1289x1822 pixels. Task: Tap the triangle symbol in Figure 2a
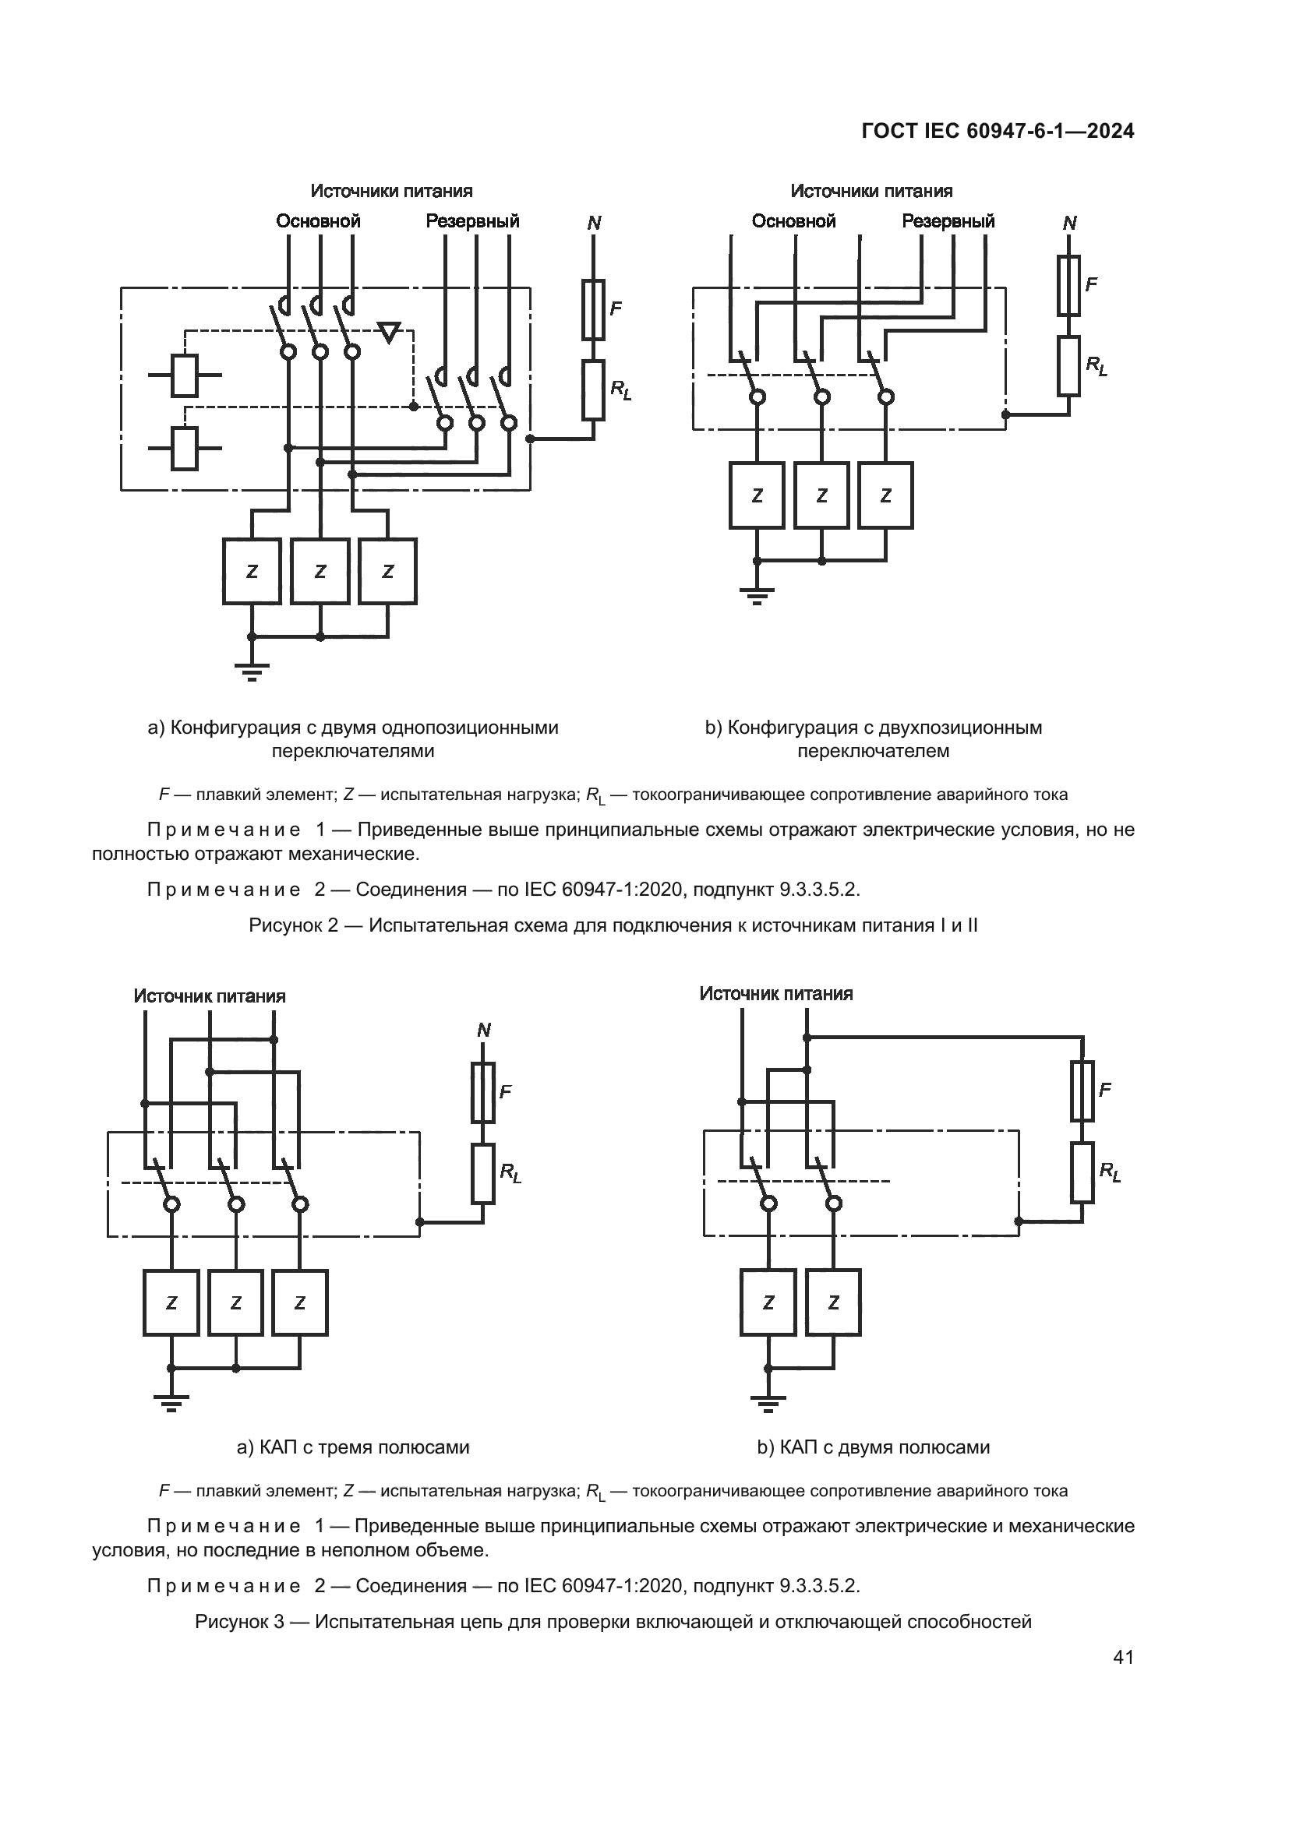(x=389, y=332)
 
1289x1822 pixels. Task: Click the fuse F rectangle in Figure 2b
(x=1068, y=286)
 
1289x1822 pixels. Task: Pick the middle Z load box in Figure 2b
(x=821, y=495)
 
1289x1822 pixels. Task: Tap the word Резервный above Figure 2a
(x=472, y=221)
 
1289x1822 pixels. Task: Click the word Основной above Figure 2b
(x=793, y=221)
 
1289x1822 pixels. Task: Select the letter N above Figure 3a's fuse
(x=483, y=1030)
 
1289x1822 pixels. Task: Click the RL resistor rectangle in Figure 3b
(x=1082, y=1173)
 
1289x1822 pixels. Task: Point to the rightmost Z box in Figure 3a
(x=300, y=1303)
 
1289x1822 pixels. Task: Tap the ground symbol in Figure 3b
(x=768, y=1403)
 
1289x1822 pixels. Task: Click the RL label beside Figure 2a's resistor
(x=620, y=389)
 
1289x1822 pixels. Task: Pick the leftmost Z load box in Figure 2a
(x=252, y=571)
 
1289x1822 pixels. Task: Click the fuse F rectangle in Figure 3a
(x=483, y=1092)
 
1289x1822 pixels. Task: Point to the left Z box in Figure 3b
(x=768, y=1302)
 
